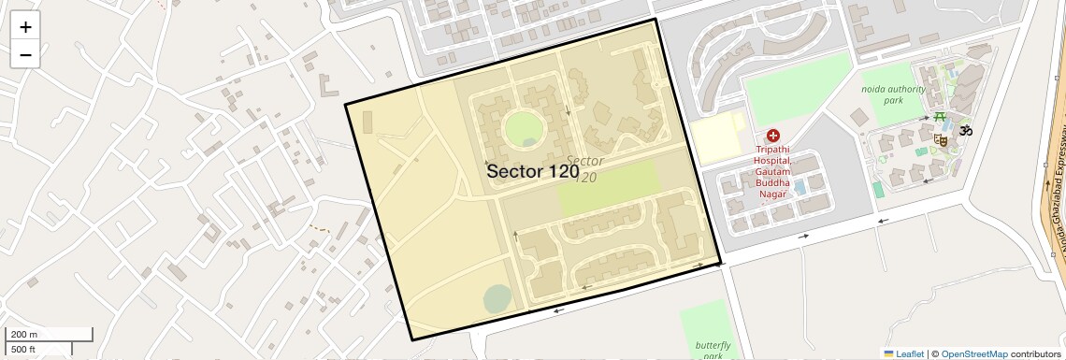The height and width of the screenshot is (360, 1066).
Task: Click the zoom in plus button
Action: (x=25, y=27)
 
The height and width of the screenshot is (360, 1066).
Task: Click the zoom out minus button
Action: (x=25, y=54)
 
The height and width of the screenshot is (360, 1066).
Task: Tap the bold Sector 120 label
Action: (x=533, y=171)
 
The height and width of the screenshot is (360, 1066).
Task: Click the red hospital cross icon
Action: (x=772, y=136)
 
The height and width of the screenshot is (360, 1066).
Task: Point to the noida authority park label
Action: (x=894, y=94)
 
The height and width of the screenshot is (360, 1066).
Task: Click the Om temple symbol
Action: (x=965, y=130)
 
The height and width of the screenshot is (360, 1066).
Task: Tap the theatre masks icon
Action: (x=941, y=140)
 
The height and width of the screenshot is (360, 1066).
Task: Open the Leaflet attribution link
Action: (x=903, y=353)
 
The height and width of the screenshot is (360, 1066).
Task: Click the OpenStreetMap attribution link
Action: (x=973, y=353)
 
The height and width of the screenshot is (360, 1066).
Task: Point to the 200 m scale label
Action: (x=25, y=335)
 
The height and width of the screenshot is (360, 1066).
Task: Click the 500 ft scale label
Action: (x=23, y=350)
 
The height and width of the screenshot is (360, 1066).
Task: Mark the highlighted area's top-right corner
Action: (x=655, y=20)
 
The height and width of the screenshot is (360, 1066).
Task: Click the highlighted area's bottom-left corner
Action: (x=411, y=339)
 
